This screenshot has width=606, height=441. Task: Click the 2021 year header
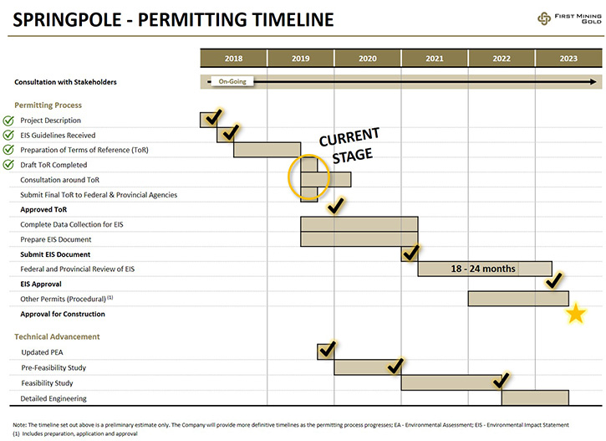coord(435,59)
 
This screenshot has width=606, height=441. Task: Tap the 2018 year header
coord(233,59)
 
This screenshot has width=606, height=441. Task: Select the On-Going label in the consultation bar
coord(232,81)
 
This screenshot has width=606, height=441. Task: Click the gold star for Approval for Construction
coord(576,313)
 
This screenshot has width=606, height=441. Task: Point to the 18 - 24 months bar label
coord(483,269)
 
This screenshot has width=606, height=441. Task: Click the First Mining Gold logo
coord(569,18)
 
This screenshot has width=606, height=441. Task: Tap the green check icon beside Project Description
coord(8,121)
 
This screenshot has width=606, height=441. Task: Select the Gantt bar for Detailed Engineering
coord(535,397)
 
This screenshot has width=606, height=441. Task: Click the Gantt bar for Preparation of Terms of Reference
coord(267,150)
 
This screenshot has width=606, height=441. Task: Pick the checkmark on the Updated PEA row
coord(327,349)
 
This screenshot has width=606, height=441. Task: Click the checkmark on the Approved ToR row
coord(335,205)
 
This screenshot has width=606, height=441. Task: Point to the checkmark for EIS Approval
coord(554,280)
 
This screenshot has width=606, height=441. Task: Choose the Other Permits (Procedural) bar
coord(518,299)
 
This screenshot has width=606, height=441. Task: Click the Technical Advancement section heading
coord(57,336)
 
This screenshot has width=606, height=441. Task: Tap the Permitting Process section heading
coord(48,105)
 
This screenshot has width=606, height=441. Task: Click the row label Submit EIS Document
coord(55,254)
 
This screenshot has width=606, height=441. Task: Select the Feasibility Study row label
coord(47,383)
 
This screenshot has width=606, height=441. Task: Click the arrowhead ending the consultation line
coord(593,82)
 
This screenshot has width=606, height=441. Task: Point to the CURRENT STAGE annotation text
coord(349,146)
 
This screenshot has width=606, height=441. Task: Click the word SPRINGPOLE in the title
coord(67,20)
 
